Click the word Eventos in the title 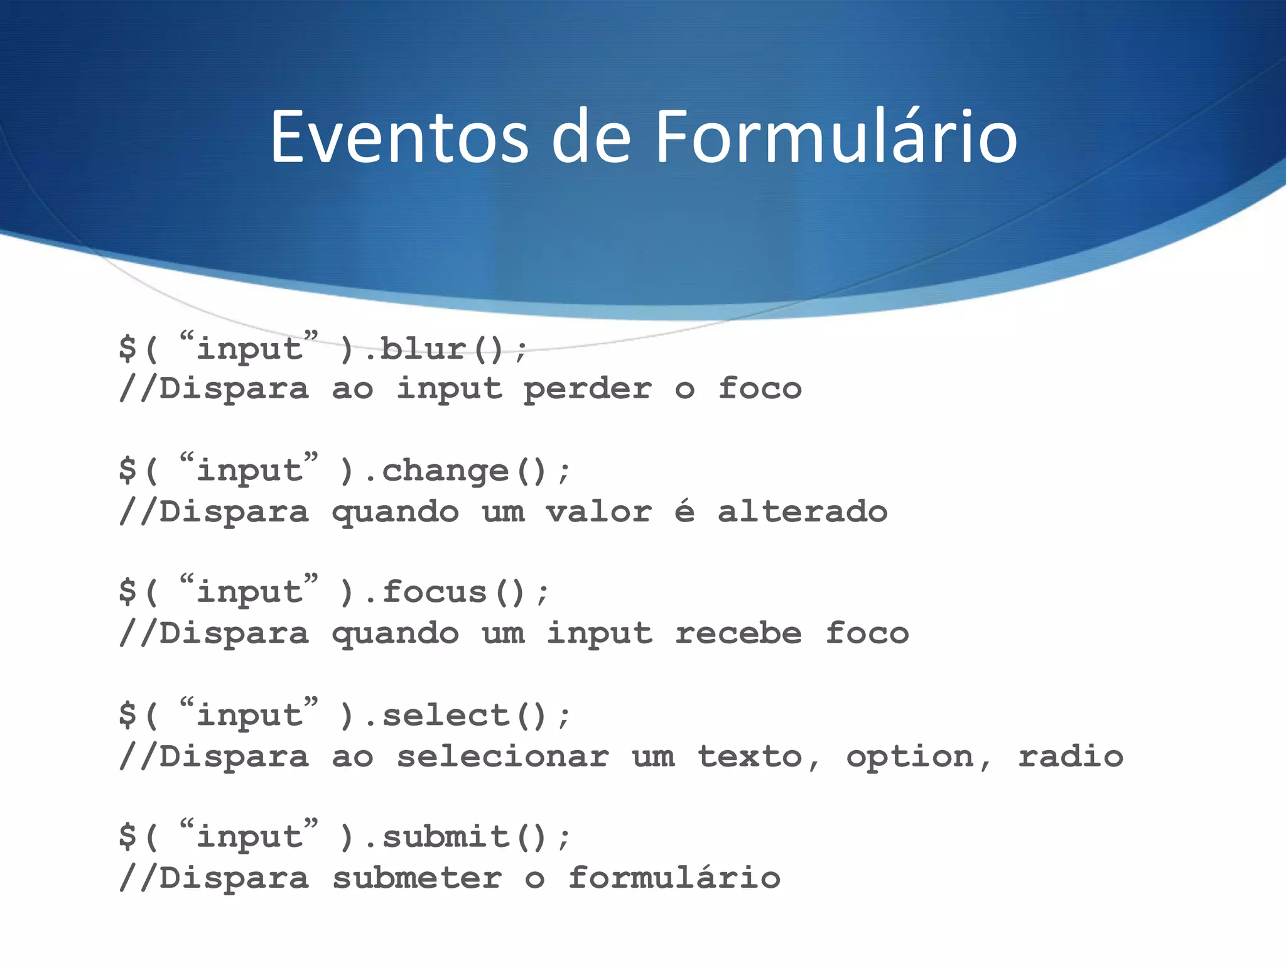tap(399, 138)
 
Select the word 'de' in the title tap(590, 138)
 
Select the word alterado tap(802, 511)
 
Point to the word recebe tap(738, 633)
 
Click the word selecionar tap(502, 756)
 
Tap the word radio tap(1070, 756)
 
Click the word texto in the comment tap(750, 756)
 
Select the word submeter tap(417, 878)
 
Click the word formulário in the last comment tap(674, 878)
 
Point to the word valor tap(598, 511)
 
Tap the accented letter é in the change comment tap(684, 510)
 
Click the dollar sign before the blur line tap(127, 349)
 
